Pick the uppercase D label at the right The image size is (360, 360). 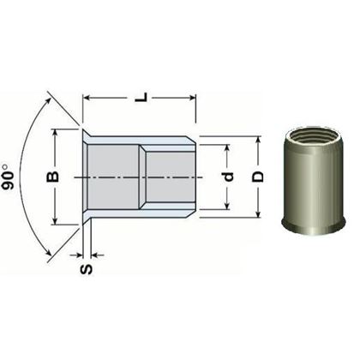(x=256, y=177)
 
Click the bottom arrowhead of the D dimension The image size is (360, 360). (x=255, y=215)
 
